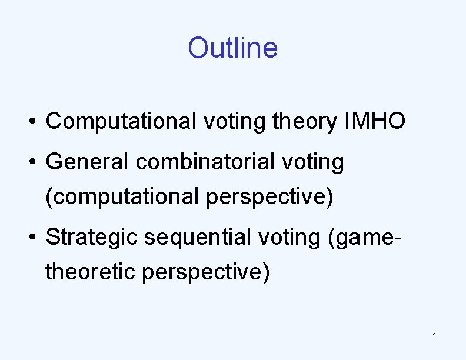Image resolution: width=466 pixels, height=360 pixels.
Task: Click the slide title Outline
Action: point(232,48)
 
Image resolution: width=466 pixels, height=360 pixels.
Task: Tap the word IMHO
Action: point(372,121)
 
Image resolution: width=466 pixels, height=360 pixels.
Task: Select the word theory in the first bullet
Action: point(305,122)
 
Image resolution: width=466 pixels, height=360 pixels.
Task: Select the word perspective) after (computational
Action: point(270,198)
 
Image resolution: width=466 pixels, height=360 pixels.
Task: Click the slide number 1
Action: point(434,336)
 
